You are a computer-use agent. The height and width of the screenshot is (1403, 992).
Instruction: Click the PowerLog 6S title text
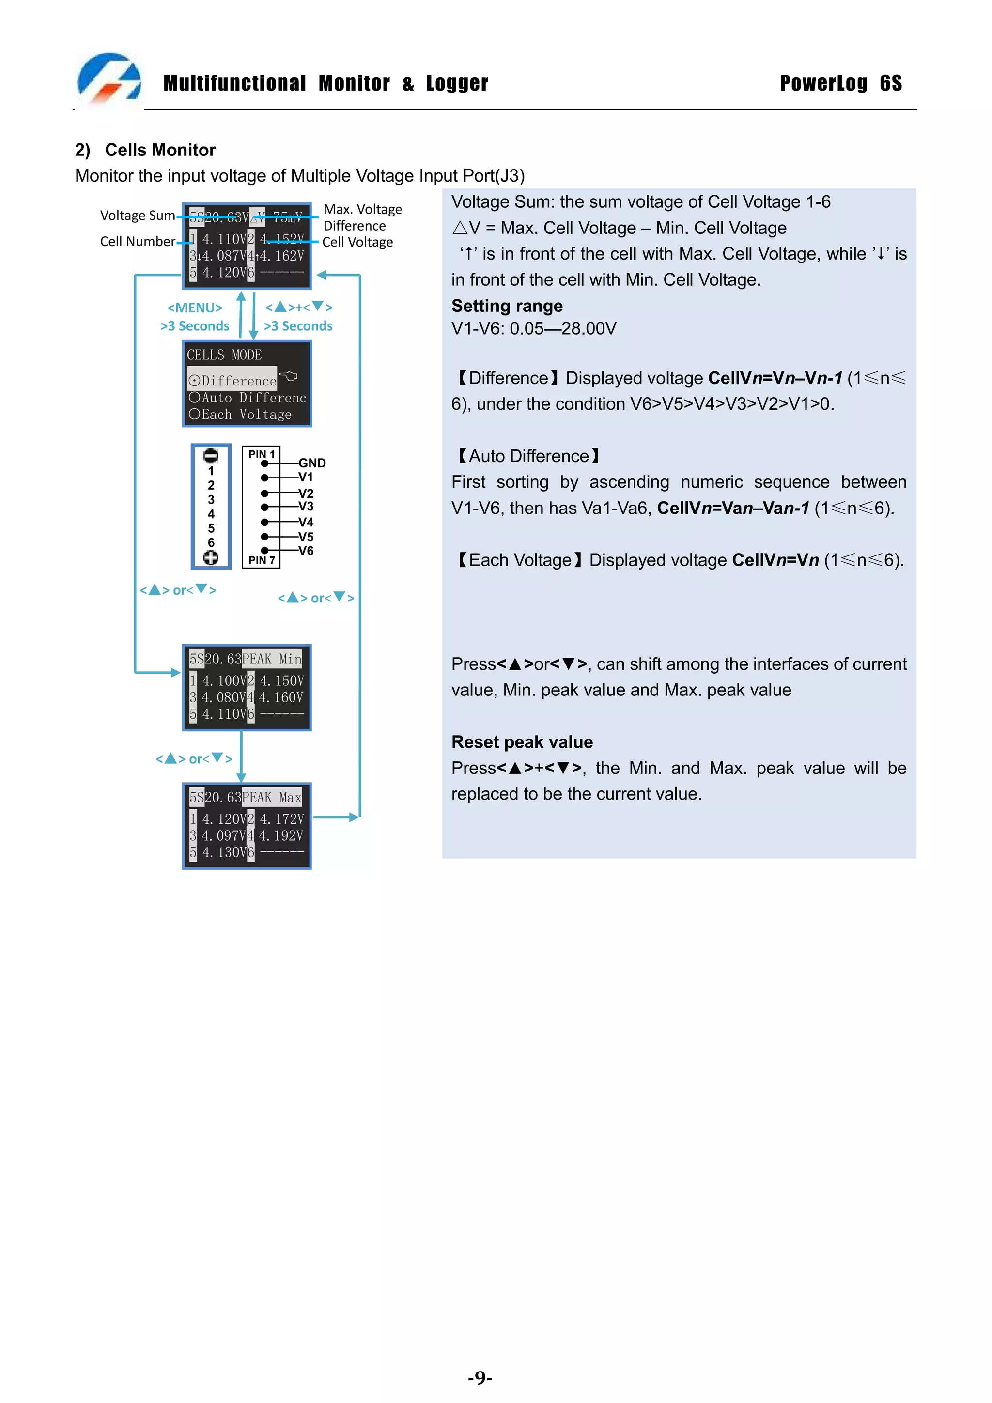pyautogui.click(x=840, y=83)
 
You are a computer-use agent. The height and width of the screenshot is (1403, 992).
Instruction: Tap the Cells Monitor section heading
pyautogui.click(x=160, y=150)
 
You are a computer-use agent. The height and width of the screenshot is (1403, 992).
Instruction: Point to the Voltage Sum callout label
pyautogui.click(x=138, y=216)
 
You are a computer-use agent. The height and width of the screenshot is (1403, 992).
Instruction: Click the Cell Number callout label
pyautogui.click(x=138, y=241)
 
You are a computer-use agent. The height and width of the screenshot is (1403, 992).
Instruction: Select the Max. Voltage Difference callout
pyautogui.click(x=362, y=217)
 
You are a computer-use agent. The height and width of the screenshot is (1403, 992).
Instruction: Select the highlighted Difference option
pyautogui.click(x=233, y=381)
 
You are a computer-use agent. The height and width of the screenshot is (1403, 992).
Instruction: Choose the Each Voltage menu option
pyautogui.click(x=240, y=414)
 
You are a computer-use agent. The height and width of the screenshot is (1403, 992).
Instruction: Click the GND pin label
pyautogui.click(x=312, y=463)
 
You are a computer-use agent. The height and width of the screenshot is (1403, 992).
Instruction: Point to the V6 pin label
pyautogui.click(x=306, y=551)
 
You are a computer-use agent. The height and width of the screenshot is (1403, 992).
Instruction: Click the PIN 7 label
pyautogui.click(x=262, y=560)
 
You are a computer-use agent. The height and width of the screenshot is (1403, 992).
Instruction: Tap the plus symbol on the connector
pyautogui.click(x=211, y=557)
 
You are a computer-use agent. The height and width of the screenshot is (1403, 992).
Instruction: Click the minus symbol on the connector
pyautogui.click(x=211, y=456)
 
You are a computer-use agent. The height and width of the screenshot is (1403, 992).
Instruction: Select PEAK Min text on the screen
pyautogui.click(x=272, y=659)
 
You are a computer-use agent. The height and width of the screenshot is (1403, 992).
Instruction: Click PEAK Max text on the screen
pyautogui.click(x=272, y=798)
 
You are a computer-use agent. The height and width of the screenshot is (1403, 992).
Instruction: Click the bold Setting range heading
pyautogui.click(x=507, y=306)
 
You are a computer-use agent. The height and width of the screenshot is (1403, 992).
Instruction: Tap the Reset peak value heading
pyautogui.click(x=522, y=742)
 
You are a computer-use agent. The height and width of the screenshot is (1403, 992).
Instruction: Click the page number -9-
pyautogui.click(x=480, y=1377)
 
